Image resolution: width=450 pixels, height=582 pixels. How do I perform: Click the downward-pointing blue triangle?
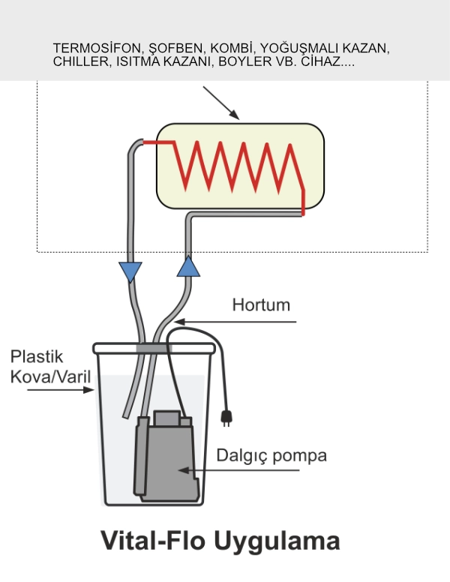[x=130, y=270]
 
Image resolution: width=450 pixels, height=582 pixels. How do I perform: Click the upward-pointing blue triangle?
[x=190, y=266]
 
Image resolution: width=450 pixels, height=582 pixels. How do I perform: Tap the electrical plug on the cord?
[x=224, y=417]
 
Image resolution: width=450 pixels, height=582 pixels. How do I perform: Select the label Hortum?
[x=260, y=306]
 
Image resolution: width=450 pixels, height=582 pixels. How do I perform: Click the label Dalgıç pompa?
[x=271, y=455]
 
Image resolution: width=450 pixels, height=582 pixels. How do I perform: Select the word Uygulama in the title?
[x=276, y=541]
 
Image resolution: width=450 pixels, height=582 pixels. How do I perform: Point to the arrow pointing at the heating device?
[x=220, y=103]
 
